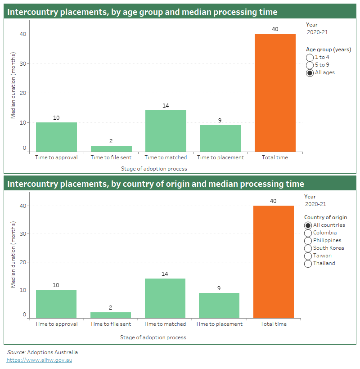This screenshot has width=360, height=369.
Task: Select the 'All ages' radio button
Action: pos(310,73)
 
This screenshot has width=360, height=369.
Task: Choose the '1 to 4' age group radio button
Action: pos(310,58)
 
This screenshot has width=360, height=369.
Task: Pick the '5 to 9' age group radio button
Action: pos(310,65)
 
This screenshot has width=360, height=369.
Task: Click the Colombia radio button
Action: pos(308,233)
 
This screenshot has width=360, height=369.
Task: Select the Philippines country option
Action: pos(308,241)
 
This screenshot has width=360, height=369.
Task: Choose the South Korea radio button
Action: pos(308,248)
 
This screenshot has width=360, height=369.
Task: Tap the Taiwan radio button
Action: pos(308,256)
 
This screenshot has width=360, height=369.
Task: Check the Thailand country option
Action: pos(308,264)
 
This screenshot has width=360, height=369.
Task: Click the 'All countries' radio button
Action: pos(308,225)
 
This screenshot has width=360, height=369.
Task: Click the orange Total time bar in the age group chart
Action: pos(275,92)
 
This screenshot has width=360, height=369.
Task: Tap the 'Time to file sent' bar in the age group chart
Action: pos(111,148)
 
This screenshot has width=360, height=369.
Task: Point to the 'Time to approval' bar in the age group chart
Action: pos(56,137)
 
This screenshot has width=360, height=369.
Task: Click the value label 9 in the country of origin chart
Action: pos(219,288)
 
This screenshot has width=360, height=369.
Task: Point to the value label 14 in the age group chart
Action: pos(166,106)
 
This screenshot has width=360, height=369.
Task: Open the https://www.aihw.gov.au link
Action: pos(39,360)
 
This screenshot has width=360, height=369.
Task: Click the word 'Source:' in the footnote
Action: pos(16,352)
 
